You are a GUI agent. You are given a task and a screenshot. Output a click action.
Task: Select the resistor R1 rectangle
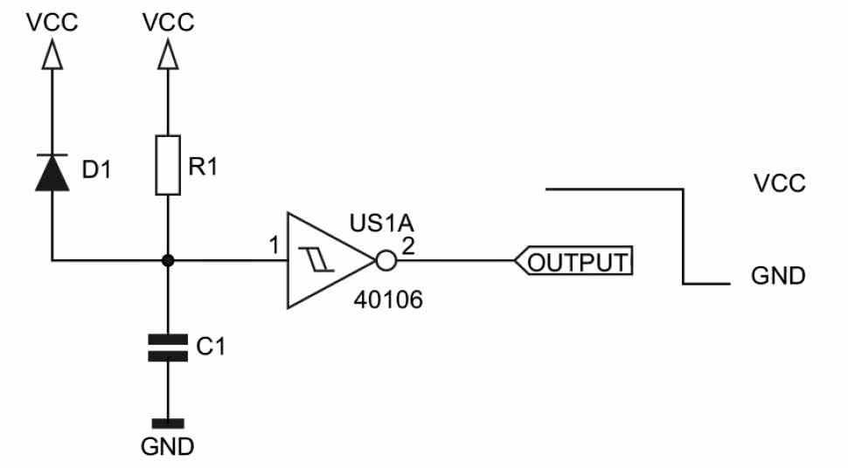[168, 164]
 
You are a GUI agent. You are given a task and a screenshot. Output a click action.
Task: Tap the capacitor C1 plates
[168, 348]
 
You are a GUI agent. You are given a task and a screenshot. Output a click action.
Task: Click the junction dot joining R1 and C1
[168, 260]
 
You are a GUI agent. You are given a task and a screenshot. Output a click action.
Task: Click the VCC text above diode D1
[52, 22]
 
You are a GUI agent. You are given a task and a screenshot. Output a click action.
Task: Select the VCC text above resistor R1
[168, 22]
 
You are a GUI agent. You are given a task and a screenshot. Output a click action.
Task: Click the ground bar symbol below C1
[168, 421]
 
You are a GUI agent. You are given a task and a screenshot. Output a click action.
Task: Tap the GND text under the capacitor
[168, 447]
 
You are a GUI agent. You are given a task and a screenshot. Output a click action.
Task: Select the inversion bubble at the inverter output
[385, 260]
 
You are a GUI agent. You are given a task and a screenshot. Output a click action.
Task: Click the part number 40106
[387, 301]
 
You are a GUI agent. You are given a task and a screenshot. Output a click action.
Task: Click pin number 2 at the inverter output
[408, 246]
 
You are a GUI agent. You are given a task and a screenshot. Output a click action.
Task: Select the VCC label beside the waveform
[779, 184]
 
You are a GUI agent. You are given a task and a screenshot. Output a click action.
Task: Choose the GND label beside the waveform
[778, 277]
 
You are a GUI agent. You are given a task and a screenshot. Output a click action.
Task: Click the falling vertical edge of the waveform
[683, 236]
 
